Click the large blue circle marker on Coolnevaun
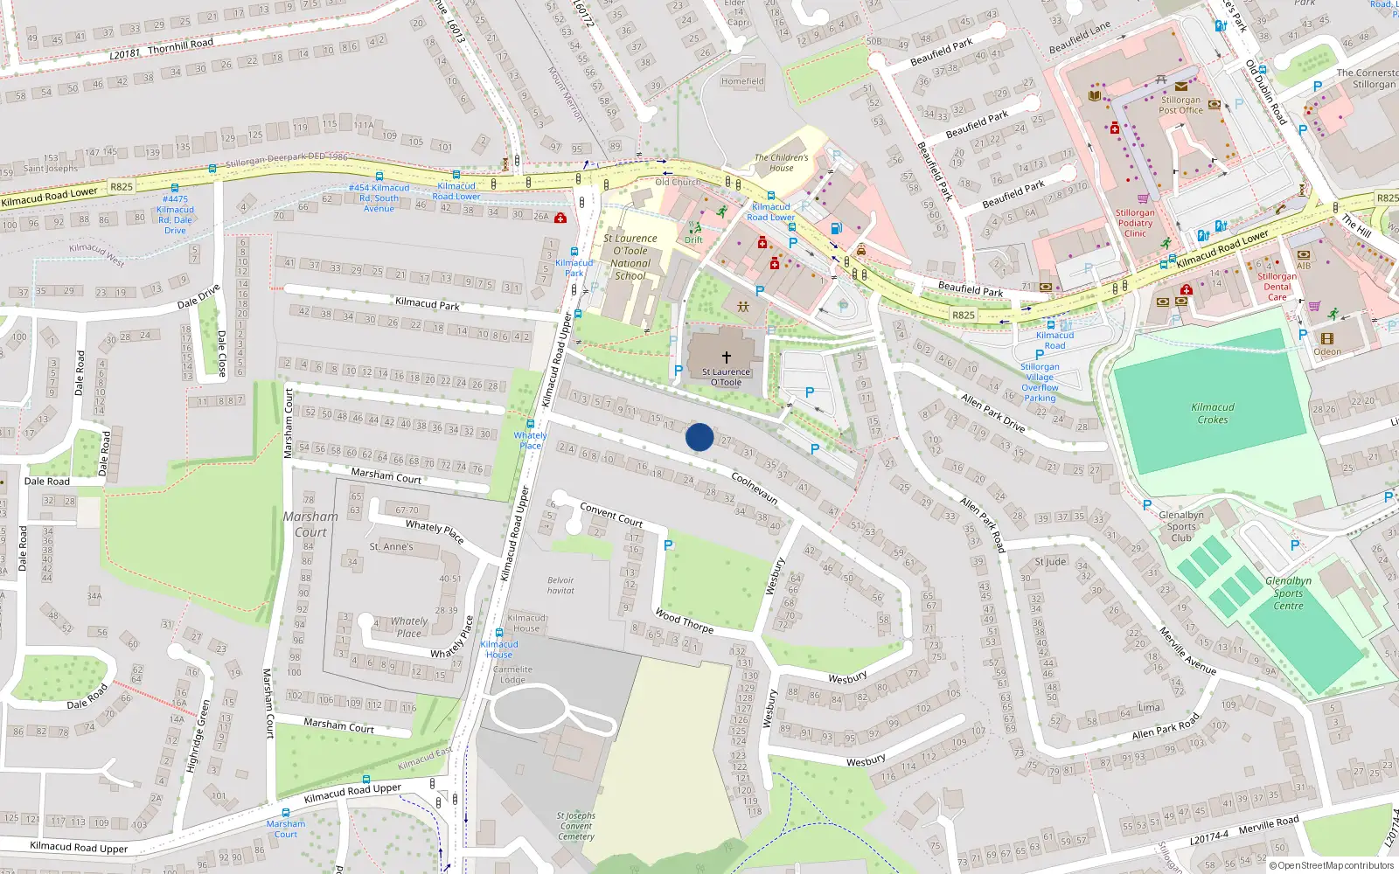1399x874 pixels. click(x=699, y=437)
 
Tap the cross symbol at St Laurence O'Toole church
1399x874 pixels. click(x=726, y=357)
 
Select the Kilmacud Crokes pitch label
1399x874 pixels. click(x=1213, y=413)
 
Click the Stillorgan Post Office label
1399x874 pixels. click(x=1180, y=105)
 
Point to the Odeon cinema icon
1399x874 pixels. click(x=1327, y=338)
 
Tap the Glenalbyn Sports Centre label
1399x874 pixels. click(x=1288, y=593)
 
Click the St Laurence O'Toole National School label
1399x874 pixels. click(x=630, y=256)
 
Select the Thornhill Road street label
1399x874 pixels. click(x=180, y=45)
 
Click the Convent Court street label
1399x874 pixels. click(x=611, y=514)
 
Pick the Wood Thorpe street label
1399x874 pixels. click(x=684, y=621)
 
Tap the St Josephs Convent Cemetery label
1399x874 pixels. click(x=575, y=826)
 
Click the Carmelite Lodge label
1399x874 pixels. click(x=512, y=675)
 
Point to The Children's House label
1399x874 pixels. click(x=782, y=163)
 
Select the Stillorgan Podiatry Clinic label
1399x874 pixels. click(x=1135, y=223)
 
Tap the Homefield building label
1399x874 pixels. click(x=742, y=81)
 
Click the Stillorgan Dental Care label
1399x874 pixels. click(x=1277, y=287)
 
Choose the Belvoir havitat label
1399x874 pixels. click(x=560, y=586)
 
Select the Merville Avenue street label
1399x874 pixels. click(x=1187, y=651)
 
